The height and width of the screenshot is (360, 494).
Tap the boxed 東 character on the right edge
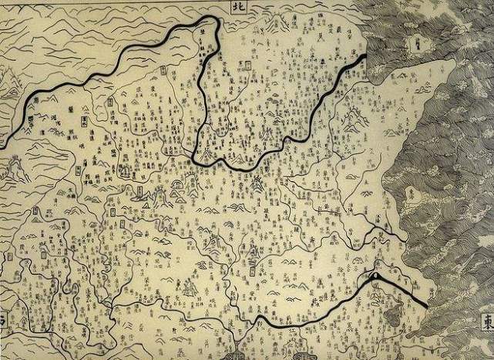tap(486, 318)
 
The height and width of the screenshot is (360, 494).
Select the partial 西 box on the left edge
tap(3, 319)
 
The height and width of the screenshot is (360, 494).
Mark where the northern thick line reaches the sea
tap(365, 59)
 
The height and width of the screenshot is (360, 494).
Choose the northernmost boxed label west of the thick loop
tap(165, 71)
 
